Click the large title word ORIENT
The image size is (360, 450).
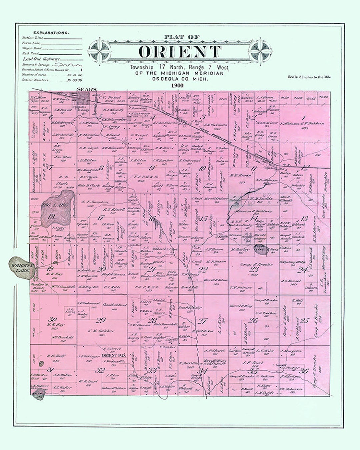(x=180, y=52)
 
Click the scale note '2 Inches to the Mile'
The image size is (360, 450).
(x=309, y=77)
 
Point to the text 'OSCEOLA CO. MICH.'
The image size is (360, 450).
(x=180, y=79)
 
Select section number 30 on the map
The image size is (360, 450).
(x=52, y=318)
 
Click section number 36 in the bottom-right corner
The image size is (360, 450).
(x=304, y=370)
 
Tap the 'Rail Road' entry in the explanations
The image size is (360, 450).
(x=30, y=53)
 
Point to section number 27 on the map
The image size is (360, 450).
(x=202, y=321)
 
